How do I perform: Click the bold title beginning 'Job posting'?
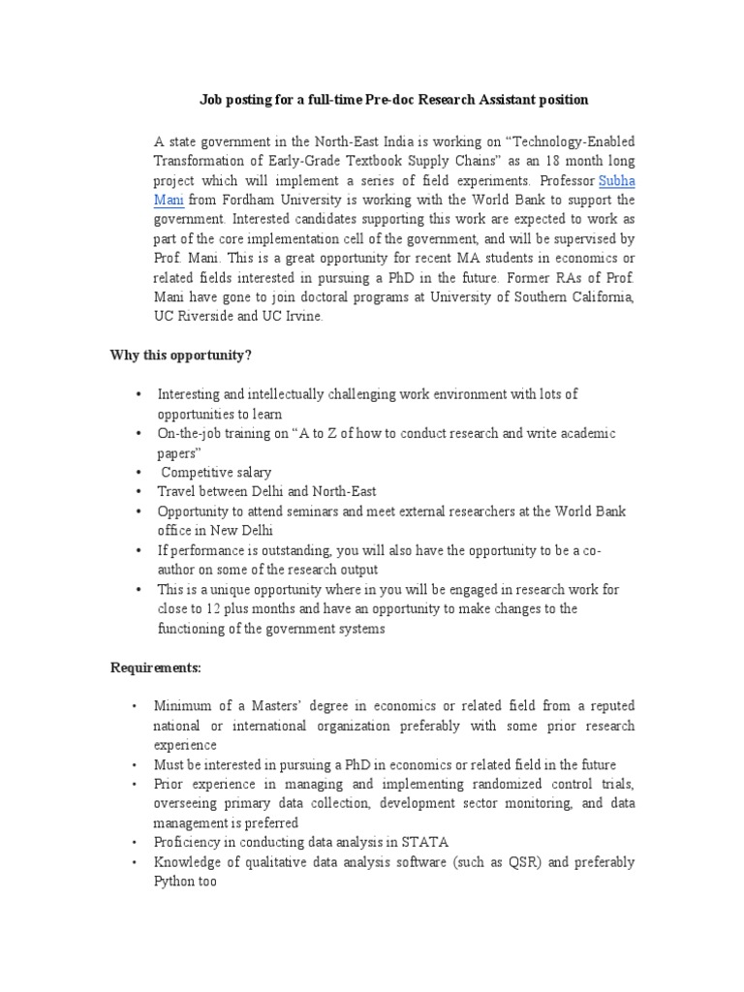[x=393, y=100]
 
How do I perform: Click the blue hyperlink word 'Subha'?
[x=617, y=181]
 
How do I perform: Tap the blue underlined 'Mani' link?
[x=168, y=201]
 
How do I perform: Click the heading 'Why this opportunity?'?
[x=180, y=355]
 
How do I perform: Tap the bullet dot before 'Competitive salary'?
[x=139, y=472]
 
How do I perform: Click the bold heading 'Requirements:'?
[x=155, y=667]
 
